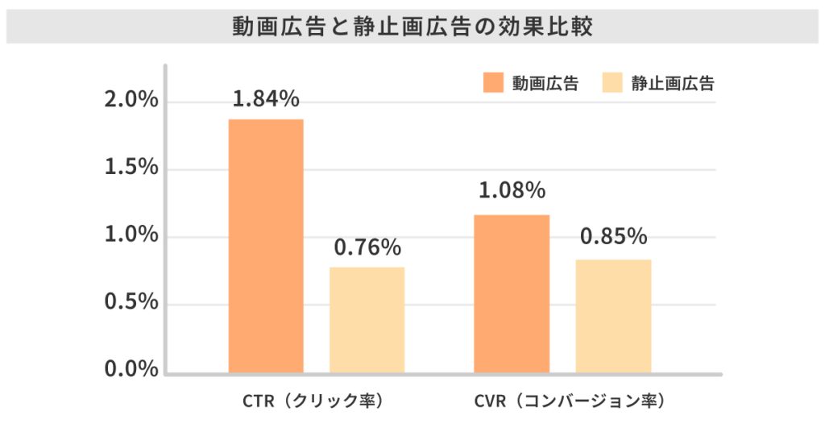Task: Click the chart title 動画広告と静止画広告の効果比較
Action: pos(412,27)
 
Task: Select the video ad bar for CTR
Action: pos(266,246)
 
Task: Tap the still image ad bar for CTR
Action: pos(367,320)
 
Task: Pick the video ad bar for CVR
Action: pos(512,293)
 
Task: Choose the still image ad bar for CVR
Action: pos(613,316)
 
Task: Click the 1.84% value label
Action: pos(266,99)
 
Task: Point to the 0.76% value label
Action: pos(367,247)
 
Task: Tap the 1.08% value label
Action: pos(512,192)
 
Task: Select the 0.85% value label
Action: pos(613,237)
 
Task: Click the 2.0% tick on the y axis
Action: pos(131,102)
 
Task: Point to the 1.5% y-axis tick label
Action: pos(131,168)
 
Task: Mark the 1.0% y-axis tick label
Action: pos(131,236)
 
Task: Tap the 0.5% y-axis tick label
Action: pos(131,303)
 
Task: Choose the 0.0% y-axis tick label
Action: pos(131,370)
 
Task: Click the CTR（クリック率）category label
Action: pos(312,401)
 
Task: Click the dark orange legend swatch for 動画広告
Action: pos(493,83)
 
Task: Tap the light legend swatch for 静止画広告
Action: pos(612,83)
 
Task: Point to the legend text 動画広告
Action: pos(545,83)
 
